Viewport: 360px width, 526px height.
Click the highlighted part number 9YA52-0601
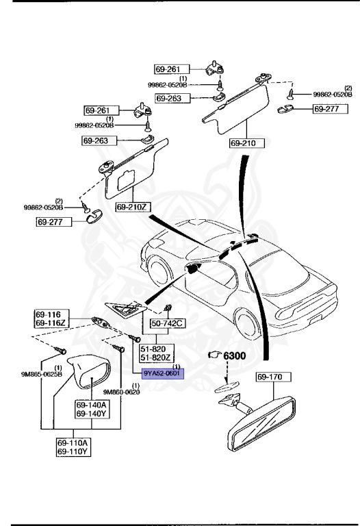tap(162, 373)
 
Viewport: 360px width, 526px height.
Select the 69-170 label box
tap(274, 377)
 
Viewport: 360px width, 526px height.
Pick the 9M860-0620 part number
tap(121, 392)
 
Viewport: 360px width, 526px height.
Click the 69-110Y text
tap(75, 452)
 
